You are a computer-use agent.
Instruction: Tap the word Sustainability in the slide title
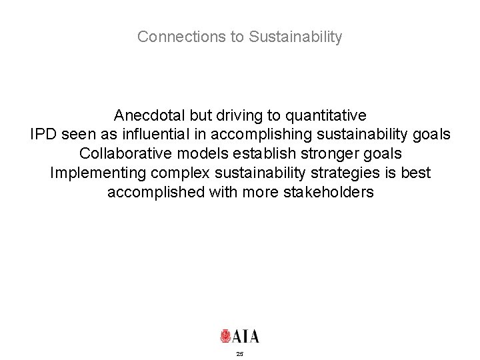[295, 37]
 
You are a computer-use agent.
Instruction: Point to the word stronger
[330, 153]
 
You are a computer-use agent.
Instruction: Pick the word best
[415, 173]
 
